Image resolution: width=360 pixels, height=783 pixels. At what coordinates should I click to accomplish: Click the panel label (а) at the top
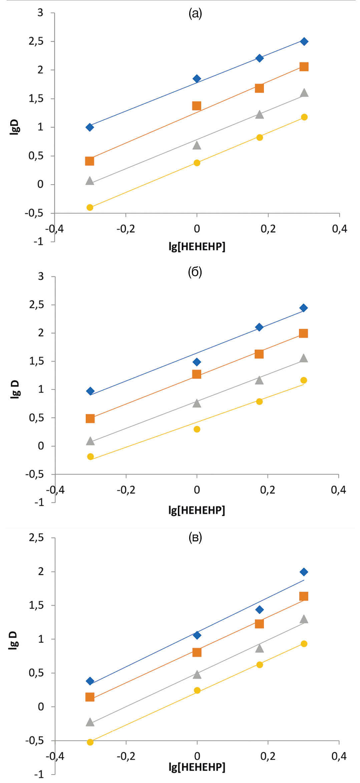click(x=195, y=14)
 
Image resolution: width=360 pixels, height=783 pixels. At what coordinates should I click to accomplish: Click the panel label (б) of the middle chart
click(x=195, y=272)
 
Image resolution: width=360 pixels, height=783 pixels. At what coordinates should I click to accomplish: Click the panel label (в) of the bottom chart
click(x=195, y=537)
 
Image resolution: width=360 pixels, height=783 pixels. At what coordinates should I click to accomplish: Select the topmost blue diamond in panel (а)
click(x=304, y=42)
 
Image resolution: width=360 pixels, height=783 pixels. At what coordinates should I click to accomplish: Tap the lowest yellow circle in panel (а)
click(x=90, y=208)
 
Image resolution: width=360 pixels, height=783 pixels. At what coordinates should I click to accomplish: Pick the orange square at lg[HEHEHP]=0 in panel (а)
click(x=197, y=106)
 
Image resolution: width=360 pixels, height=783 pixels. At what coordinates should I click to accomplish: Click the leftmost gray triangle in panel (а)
click(x=89, y=181)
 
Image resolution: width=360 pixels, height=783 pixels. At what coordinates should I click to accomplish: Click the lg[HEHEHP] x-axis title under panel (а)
click(x=197, y=247)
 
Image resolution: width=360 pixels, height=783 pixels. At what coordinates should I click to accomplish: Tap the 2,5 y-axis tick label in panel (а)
click(x=36, y=41)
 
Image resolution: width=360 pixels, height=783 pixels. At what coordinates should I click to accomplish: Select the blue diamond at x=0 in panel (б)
click(x=197, y=362)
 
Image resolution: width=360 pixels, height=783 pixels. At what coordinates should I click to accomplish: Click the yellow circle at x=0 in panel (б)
click(x=197, y=429)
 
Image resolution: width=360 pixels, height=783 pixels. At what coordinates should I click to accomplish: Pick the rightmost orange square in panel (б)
click(x=303, y=333)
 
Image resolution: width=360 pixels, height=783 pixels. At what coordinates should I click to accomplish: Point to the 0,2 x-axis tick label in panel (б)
click(x=268, y=490)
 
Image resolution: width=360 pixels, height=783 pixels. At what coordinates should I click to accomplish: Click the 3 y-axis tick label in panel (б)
click(x=41, y=276)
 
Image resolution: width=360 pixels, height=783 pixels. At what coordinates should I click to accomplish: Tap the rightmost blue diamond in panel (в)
click(x=304, y=572)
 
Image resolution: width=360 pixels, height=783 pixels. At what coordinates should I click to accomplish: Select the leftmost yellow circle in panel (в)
click(x=90, y=742)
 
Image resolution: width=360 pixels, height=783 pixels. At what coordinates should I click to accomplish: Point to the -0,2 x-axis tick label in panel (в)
click(x=126, y=756)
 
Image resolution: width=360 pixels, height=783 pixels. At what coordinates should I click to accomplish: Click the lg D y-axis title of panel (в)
click(x=13, y=640)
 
